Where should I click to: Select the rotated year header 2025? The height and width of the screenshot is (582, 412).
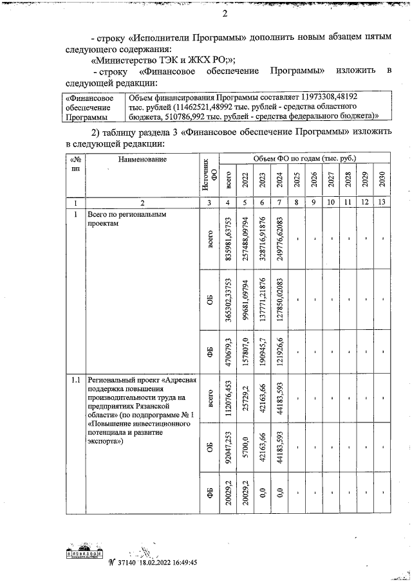[x=297, y=179]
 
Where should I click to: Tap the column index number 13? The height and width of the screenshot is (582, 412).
[x=381, y=202]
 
